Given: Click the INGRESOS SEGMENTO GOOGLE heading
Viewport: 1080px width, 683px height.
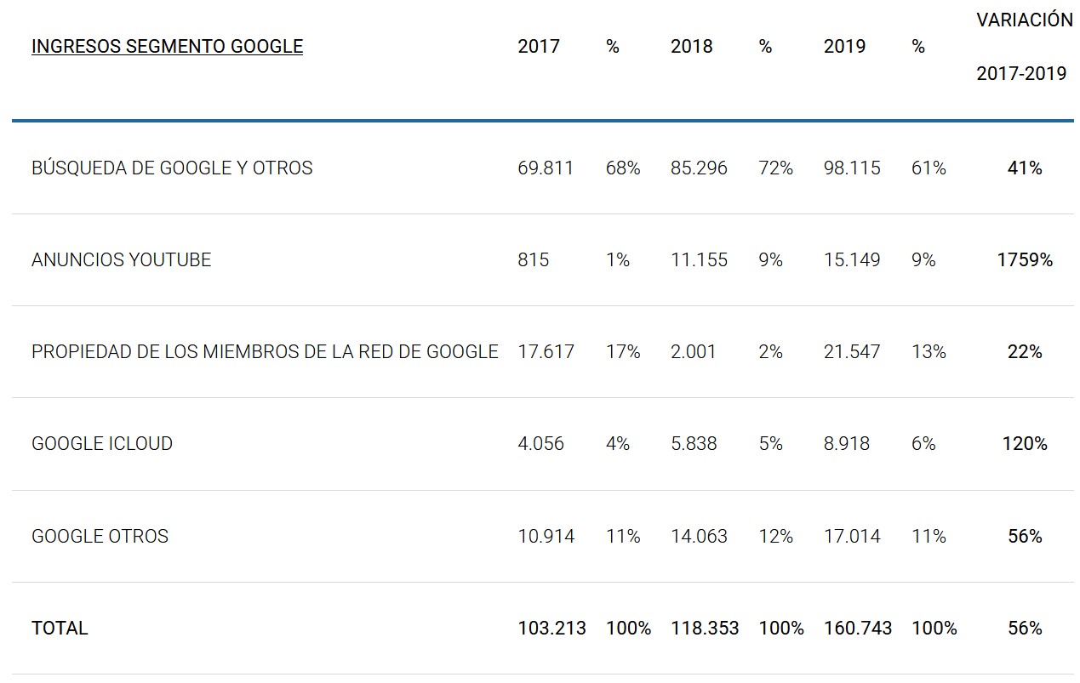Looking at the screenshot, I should tap(167, 47).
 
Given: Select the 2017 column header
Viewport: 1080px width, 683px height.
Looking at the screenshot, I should tap(539, 47).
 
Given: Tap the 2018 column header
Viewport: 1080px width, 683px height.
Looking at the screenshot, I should tap(691, 47).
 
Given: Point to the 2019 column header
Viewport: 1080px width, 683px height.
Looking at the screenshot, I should tap(844, 47).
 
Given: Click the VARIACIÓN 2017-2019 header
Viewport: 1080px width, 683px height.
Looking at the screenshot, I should tap(1024, 47).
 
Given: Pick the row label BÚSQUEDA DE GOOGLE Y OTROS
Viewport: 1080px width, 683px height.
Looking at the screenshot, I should tap(172, 168).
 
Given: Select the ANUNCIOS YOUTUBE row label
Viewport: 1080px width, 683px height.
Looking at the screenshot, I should tap(121, 260).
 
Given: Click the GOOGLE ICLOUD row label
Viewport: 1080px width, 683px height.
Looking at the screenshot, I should tap(102, 444).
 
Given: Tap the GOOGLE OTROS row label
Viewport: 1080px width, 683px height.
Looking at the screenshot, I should tap(100, 537).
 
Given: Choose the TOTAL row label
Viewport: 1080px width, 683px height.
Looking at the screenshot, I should tap(60, 629).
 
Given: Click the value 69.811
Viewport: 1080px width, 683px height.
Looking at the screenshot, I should tap(546, 168).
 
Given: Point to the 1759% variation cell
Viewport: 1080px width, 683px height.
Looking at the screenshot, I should tap(1025, 260).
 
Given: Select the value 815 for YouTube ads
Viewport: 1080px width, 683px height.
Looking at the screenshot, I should tap(533, 260).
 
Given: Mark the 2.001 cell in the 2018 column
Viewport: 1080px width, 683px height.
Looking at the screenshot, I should tap(694, 352).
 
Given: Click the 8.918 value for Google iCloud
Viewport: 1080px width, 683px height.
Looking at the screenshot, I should tap(847, 444).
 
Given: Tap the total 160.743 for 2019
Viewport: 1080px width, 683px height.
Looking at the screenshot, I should tap(858, 629).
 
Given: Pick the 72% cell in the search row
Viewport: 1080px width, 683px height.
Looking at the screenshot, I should tap(775, 168).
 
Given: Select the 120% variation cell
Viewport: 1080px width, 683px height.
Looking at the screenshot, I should tap(1025, 444).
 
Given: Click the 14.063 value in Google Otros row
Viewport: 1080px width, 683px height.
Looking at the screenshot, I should tap(699, 537).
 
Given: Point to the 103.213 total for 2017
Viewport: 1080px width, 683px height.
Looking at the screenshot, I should tap(551, 629).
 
